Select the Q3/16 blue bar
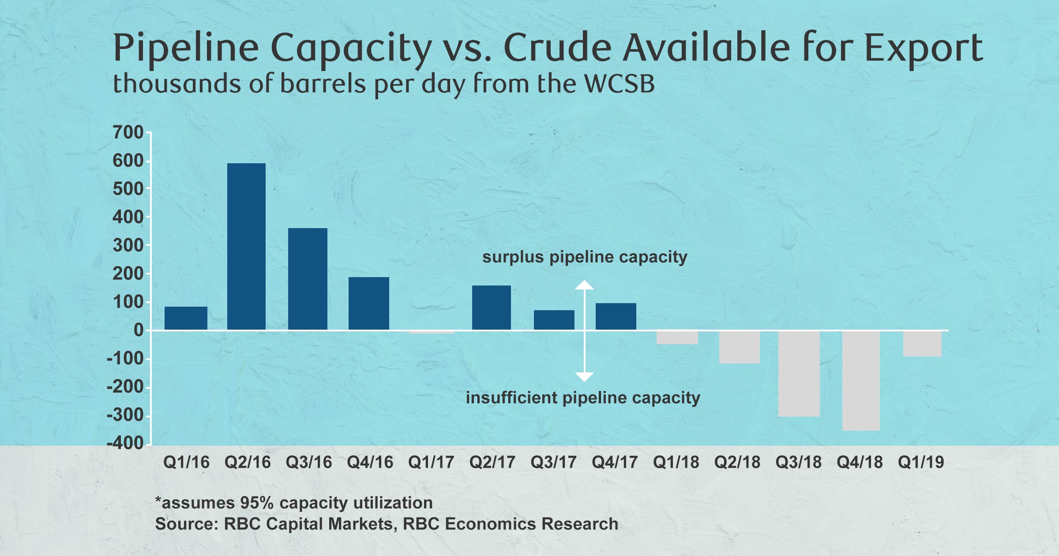coord(308,279)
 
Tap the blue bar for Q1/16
coord(186,318)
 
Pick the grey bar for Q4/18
coord(861,380)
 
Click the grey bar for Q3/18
coord(799,373)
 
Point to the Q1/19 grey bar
coord(922,343)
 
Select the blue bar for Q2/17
coord(492,308)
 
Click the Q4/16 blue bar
coord(369,304)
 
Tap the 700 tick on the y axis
coord(128,132)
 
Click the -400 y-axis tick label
coord(125,443)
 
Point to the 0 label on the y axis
coord(139,330)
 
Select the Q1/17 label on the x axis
coord(431,462)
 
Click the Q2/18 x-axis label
coord(737,462)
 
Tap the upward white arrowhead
coord(584,285)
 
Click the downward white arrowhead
coord(584,377)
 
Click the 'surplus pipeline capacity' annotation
coord(585,257)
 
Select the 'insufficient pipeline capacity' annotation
coord(583,398)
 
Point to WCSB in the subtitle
coord(620,84)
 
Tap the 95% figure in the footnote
coord(257,503)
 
